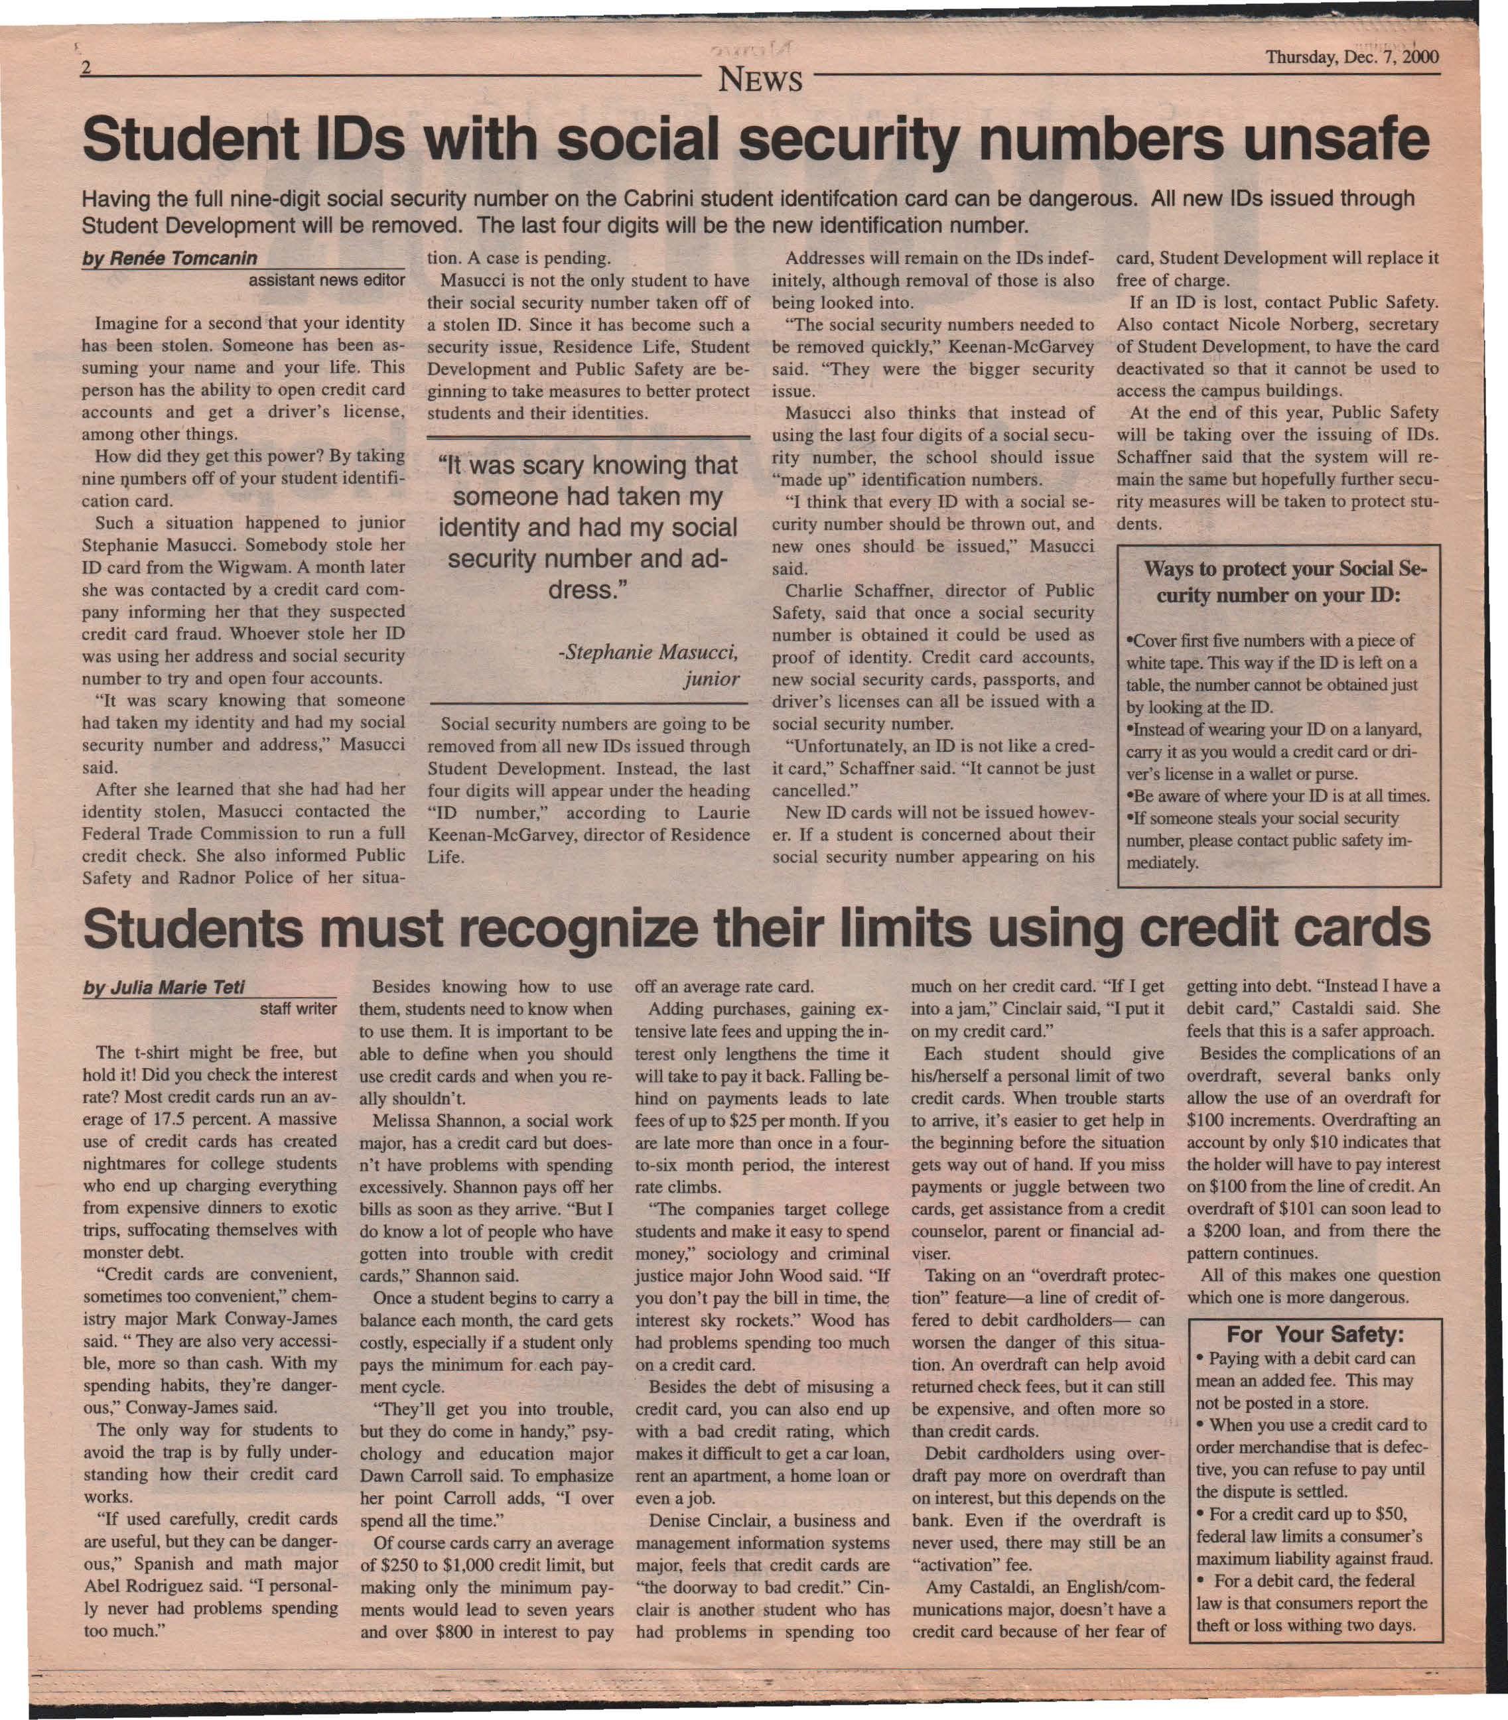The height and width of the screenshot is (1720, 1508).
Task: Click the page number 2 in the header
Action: click(86, 68)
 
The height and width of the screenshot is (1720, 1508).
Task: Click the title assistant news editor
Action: click(326, 280)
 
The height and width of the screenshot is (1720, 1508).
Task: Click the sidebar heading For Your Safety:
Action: click(1316, 1335)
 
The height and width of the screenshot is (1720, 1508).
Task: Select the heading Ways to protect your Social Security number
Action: click(1278, 582)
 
